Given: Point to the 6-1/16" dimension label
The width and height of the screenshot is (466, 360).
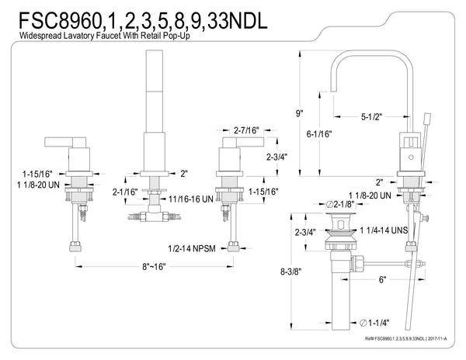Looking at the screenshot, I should click(x=320, y=133).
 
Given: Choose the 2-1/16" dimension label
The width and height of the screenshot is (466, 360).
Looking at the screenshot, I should click(x=124, y=191).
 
